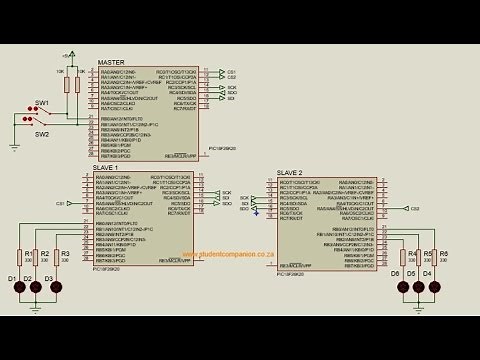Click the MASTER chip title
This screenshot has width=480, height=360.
(111, 62)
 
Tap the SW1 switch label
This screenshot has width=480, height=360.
(42, 103)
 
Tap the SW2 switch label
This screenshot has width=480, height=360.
(42, 134)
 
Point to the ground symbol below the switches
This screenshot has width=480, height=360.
(15, 146)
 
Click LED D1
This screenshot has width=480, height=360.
(20, 287)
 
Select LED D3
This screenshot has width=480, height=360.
(54, 287)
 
